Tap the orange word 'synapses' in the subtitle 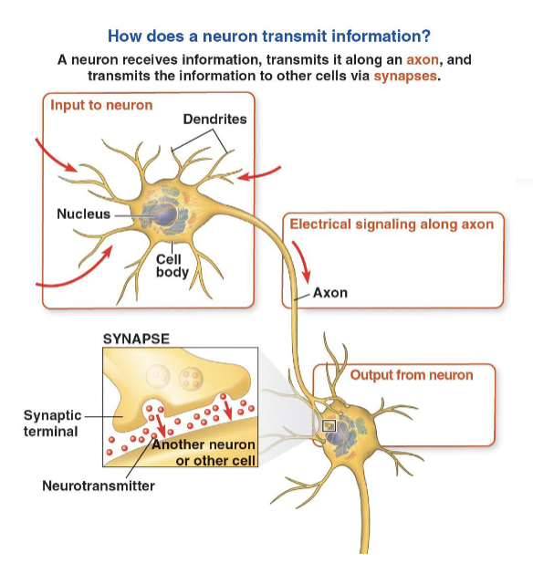[x=406, y=76]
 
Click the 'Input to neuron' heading [x=101, y=106]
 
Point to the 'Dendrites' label [x=214, y=120]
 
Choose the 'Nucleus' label [x=83, y=214]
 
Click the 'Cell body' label [x=172, y=266]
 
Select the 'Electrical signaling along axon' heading [x=392, y=224]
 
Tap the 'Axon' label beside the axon [x=329, y=294]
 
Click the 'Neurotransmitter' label [x=99, y=485]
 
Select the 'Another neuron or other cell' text [x=204, y=453]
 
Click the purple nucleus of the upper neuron [x=164, y=215]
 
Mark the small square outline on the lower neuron [x=329, y=425]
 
